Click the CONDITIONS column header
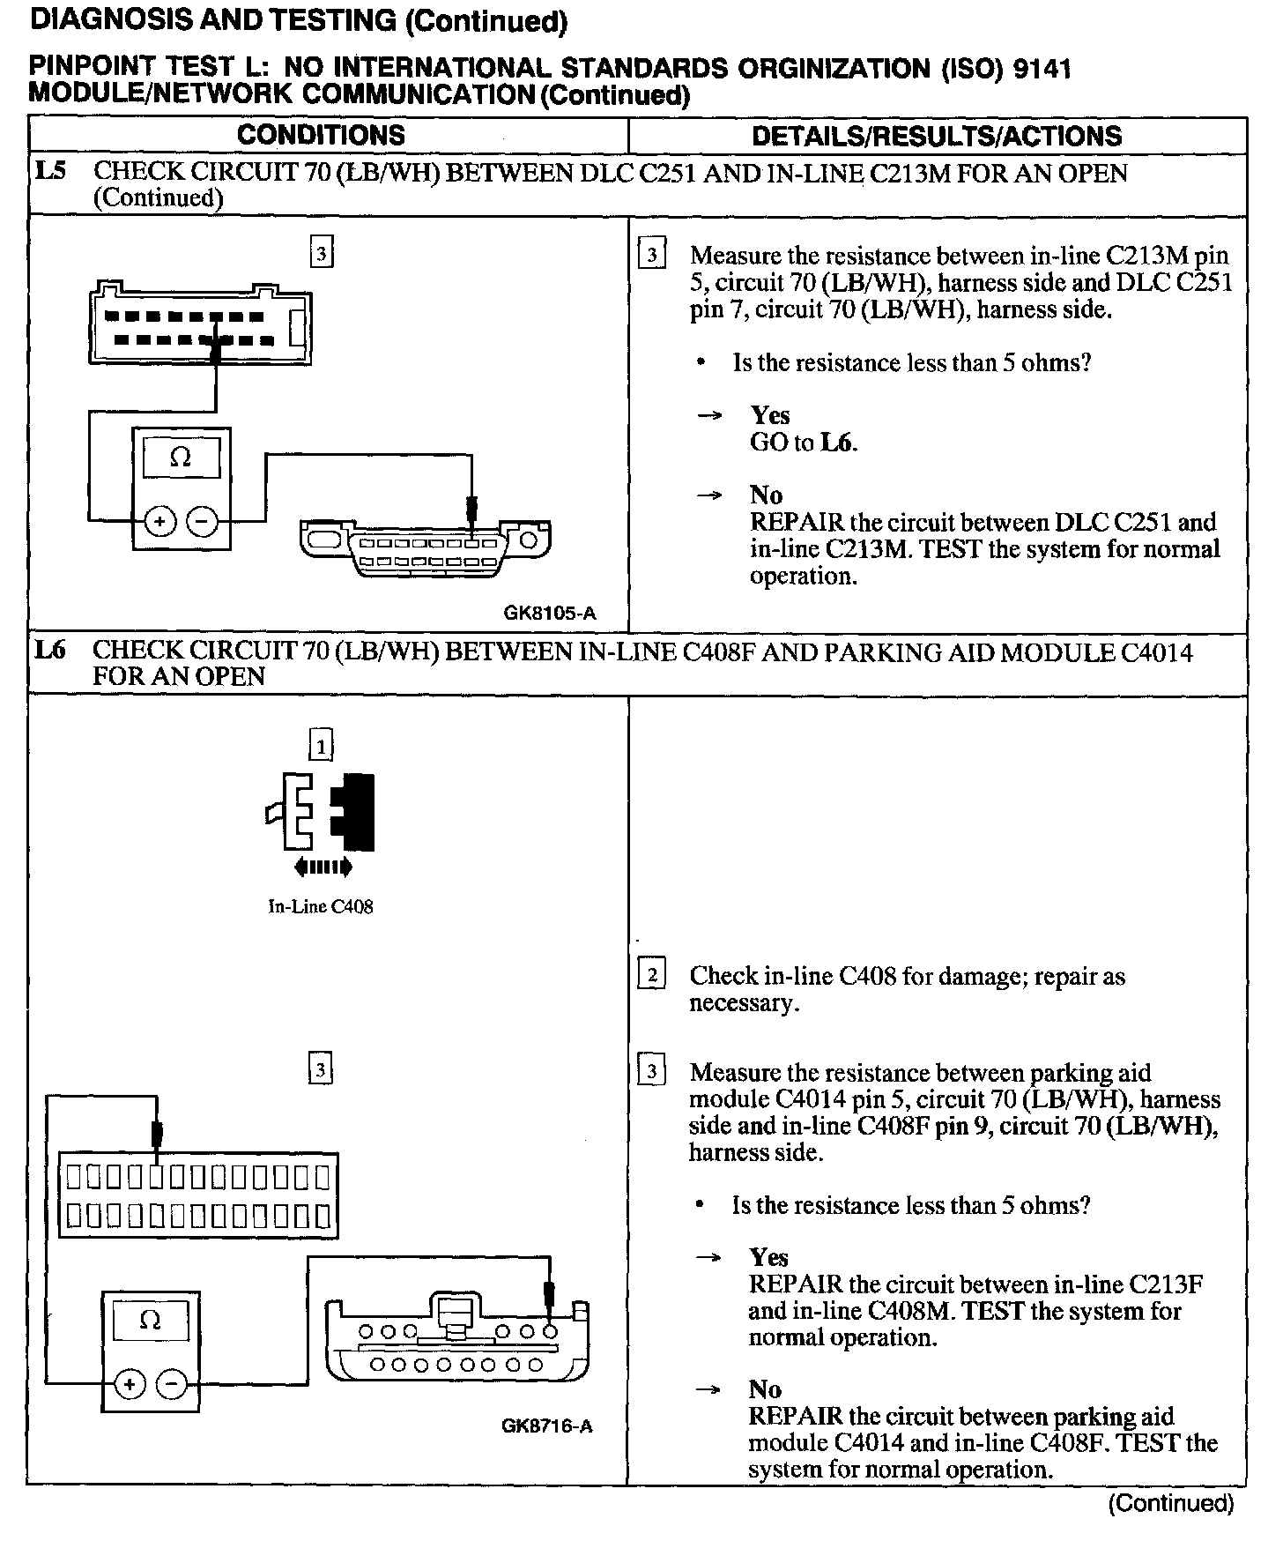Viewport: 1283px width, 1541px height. click(x=321, y=135)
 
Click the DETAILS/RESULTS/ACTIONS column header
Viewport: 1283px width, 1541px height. click(x=937, y=136)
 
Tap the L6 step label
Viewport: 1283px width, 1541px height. click(x=50, y=651)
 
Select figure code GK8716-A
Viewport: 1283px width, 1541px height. click(x=547, y=1426)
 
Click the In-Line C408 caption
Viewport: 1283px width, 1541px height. click(x=321, y=906)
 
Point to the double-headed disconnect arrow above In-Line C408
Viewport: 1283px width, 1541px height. click(x=323, y=867)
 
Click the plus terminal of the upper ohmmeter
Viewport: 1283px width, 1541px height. click(x=159, y=522)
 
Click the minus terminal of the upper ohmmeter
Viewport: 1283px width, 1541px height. click(x=203, y=522)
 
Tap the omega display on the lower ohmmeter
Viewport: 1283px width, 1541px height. click(x=151, y=1321)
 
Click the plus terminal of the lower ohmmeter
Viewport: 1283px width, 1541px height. click(x=130, y=1384)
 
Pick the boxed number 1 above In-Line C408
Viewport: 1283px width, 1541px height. click(x=321, y=748)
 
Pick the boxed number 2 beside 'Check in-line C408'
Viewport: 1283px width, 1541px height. click(x=651, y=975)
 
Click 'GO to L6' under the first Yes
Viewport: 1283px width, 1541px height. click(x=803, y=443)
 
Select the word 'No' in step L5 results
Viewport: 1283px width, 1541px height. click(x=766, y=495)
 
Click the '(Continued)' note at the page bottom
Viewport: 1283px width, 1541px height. click(x=1171, y=1503)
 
